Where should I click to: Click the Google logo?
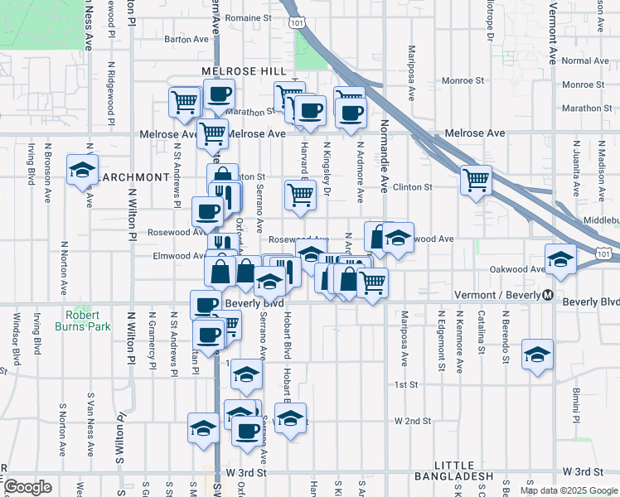[x=27, y=487]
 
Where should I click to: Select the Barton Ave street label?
[x=186, y=38]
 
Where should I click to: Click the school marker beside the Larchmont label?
[x=82, y=170]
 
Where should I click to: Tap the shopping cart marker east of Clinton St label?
[x=476, y=180]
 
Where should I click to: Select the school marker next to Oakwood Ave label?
[x=560, y=260]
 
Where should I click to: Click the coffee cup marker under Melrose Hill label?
[x=219, y=94]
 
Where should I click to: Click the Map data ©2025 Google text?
[x=568, y=490]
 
